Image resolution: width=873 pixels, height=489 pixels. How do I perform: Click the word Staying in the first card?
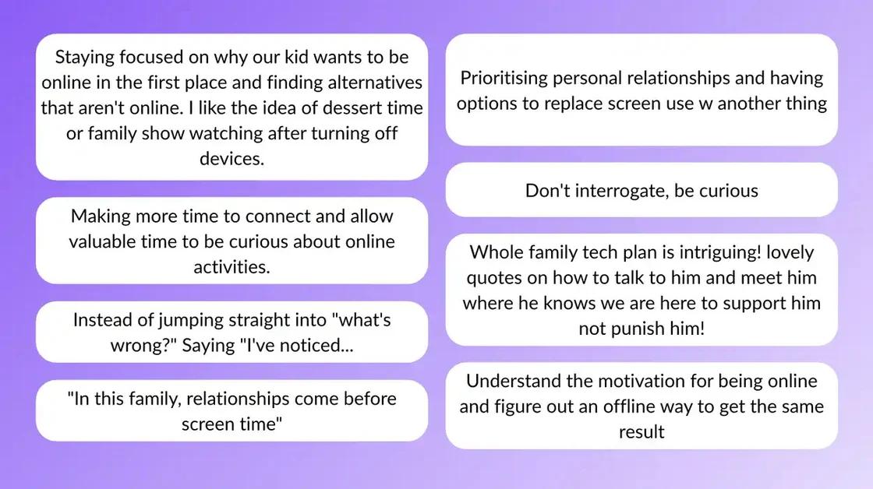point(84,58)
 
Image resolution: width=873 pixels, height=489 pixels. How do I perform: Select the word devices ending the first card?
point(232,159)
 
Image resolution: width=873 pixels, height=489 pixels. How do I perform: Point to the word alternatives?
point(375,83)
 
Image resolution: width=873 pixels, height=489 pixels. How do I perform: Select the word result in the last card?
point(641,432)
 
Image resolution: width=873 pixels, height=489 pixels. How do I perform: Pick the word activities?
point(232,267)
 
